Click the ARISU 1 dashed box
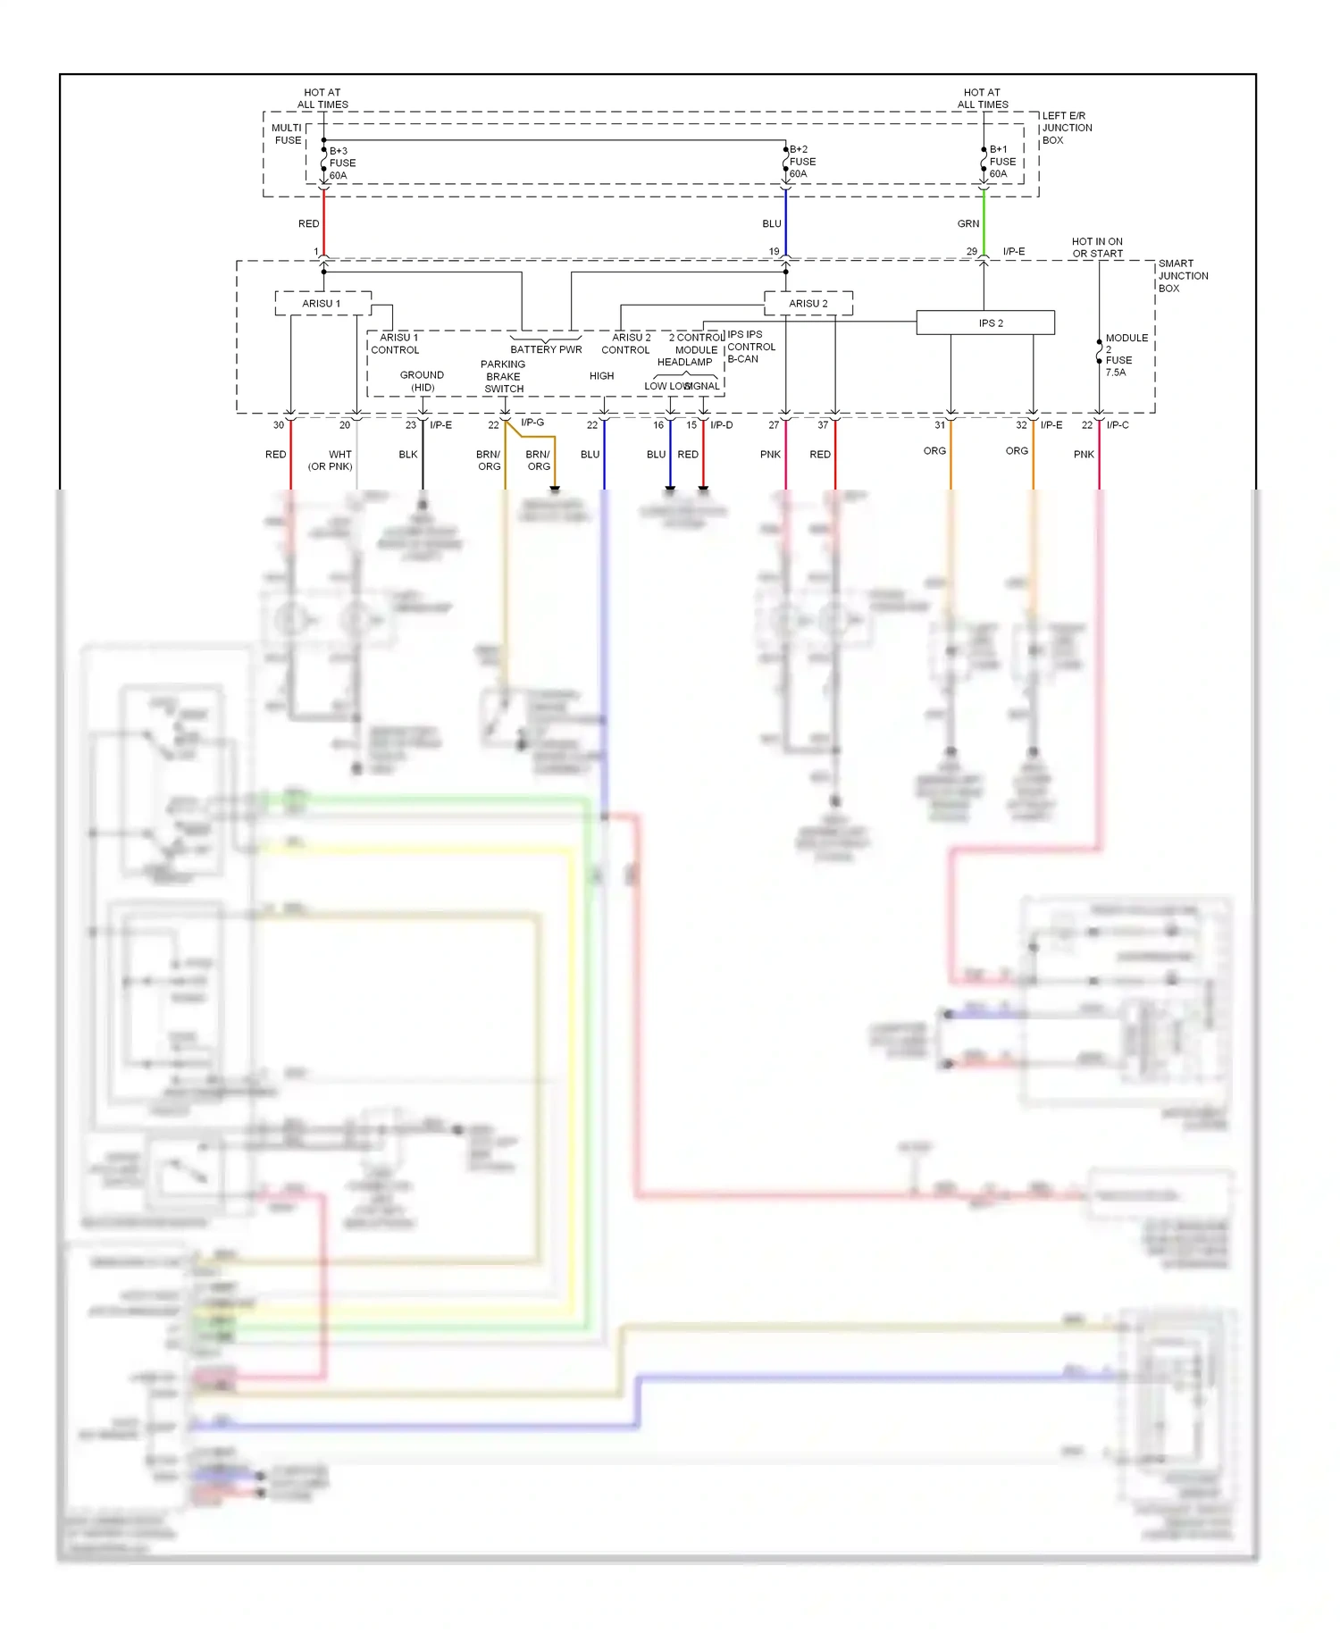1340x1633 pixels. tap(322, 304)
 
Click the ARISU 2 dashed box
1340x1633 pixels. tap(808, 304)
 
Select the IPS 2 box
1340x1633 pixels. tap(985, 322)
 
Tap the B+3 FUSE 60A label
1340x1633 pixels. tap(342, 163)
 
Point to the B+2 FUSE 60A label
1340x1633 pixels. tap(802, 162)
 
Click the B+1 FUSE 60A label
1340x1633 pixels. tap(1002, 162)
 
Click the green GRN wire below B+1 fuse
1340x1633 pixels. tap(984, 223)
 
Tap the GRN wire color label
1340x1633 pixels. tap(968, 224)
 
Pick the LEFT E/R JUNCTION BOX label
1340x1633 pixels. tap(1067, 128)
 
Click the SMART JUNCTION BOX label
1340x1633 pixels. tap(1183, 276)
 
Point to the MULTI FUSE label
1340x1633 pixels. tap(288, 134)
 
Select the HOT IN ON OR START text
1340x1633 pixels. tap(1097, 247)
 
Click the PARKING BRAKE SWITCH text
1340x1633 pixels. tap(503, 376)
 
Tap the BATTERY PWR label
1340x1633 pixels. tap(546, 349)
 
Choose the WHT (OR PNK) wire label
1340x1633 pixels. tap(331, 460)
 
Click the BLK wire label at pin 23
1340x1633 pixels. tap(408, 455)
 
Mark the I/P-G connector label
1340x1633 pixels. tap(532, 423)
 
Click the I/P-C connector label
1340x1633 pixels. tap(1118, 425)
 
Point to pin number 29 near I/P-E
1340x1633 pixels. tap(971, 252)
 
